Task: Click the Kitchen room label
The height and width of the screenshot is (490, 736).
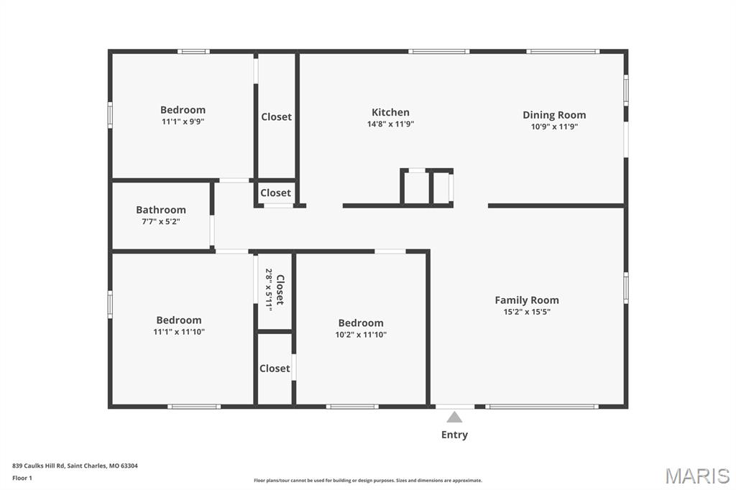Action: (x=390, y=112)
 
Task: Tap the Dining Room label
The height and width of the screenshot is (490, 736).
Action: (x=553, y=115)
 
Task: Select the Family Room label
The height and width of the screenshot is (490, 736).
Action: (x=526, y=300)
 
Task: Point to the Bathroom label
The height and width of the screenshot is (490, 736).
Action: (x=161, y=210)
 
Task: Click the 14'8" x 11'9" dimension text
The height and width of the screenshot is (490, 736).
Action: (x=390, y=124)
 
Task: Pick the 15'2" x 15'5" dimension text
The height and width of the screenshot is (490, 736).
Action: (x=526, y=312)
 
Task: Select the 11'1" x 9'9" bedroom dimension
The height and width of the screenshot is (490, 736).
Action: (x=183, y=121)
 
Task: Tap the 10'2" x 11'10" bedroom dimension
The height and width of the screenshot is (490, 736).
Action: (x=361, y=334)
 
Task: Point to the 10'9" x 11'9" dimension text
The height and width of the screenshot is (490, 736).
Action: (x=553, y=126)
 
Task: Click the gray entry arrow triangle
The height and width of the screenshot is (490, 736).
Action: (x=454, y=417)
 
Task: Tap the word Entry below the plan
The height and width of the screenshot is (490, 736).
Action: (x=454, y=435)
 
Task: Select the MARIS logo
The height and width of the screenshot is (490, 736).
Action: (x=697, y=476)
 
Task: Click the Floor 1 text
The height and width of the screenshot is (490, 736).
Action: (x=22, y=478)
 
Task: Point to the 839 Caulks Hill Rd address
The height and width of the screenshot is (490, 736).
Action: (x=75, y=466)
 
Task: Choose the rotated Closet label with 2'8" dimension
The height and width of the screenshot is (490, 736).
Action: (x=275, y=289)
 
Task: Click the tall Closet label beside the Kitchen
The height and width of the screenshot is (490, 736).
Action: (x=276, y=116)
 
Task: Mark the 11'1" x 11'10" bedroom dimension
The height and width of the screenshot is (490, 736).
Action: (x=179, y=332)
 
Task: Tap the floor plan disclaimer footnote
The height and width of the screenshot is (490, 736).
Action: (x=367, y=481)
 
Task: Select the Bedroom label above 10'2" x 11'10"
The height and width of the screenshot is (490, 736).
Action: (x=361, y=323)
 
